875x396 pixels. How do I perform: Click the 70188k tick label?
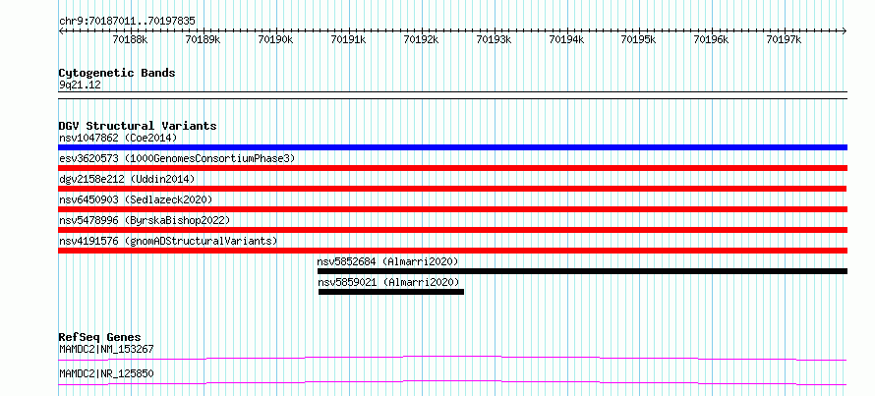point(130,39)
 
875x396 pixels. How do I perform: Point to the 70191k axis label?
point(348,39)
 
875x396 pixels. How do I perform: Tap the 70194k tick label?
point(566,39)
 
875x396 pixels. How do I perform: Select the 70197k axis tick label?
point(784,39)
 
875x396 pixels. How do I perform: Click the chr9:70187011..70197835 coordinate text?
point(127,22)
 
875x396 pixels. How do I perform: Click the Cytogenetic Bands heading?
point(117,73)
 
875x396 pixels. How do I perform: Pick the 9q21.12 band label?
point(81,85)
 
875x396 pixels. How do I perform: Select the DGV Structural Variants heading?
point(138,126)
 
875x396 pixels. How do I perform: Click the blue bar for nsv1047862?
point(452,147)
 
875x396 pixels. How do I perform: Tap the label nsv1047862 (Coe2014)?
point(118,138)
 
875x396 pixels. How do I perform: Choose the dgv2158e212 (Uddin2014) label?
point(127,179)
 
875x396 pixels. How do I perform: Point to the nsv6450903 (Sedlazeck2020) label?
point(136,199)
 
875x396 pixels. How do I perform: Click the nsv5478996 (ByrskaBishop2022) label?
point(145,220)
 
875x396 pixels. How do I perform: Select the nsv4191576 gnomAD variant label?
point(168,241)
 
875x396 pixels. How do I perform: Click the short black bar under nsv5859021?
point(391,292)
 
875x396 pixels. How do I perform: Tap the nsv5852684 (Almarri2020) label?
point(387,261)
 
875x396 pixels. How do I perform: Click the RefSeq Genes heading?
point(100,337)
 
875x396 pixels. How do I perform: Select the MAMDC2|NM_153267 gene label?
point(106,350)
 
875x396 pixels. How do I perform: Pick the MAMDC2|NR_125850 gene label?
point(106,373)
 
